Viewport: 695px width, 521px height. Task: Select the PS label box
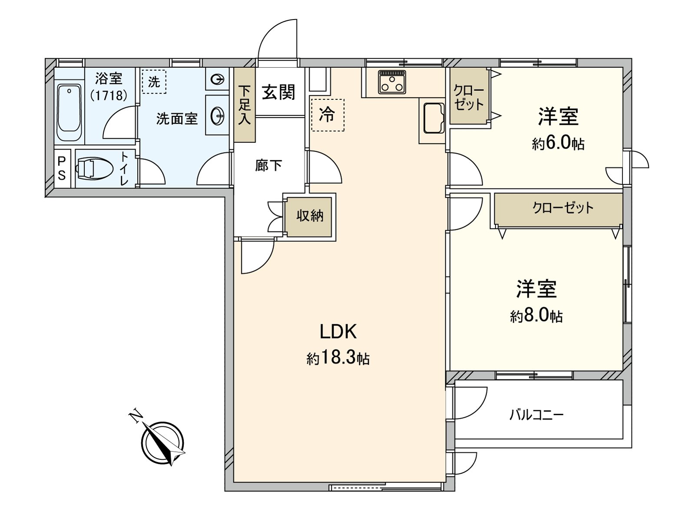tap(62, 168)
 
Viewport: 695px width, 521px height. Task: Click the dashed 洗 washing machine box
tap(154, 82)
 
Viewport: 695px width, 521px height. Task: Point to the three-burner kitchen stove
tap(392, 82)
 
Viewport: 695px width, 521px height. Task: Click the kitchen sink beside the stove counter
tap(433, 117)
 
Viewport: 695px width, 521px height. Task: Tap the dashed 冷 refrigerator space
tap(328, 115)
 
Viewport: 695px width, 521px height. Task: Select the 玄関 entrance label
tap(278, 92)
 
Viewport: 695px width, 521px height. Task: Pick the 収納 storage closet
tap(310, 216)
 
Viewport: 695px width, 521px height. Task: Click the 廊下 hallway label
tap(268, 165)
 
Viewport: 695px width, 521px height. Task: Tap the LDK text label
tap(338, 332)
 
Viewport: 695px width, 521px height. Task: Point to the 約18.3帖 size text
tap(338, 358)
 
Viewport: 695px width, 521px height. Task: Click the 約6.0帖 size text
tap(558, 143)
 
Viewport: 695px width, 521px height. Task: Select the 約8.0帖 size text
tap(536, 316)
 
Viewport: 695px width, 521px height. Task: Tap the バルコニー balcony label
tap(536, 415)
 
